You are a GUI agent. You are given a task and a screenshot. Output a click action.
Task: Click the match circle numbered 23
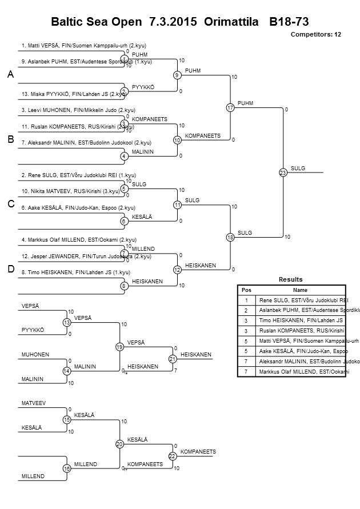click(x=282, y=172)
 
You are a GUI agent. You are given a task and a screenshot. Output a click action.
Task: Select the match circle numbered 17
click(x=230, y=107)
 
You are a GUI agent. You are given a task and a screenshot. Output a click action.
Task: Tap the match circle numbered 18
click(x=230, y=237)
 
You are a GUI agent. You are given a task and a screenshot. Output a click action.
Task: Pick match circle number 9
click(x=177, y=75)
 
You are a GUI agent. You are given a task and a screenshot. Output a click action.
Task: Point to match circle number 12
click(x=177, y=269)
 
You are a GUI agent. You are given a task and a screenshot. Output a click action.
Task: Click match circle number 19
click(x=119, y=347)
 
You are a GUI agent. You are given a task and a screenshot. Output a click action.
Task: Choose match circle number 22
click(x=173, y=455)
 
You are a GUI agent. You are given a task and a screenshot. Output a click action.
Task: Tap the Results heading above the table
click(x=291, y=279)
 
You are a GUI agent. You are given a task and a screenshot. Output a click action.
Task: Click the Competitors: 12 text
click(x=316, y=35)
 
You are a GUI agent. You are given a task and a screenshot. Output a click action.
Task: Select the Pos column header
click(x=246, y=290)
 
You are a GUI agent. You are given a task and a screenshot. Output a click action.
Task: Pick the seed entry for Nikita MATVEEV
click(x=71, y=191)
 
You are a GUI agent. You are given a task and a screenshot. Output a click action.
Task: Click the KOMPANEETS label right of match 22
click(x=198, y=452)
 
